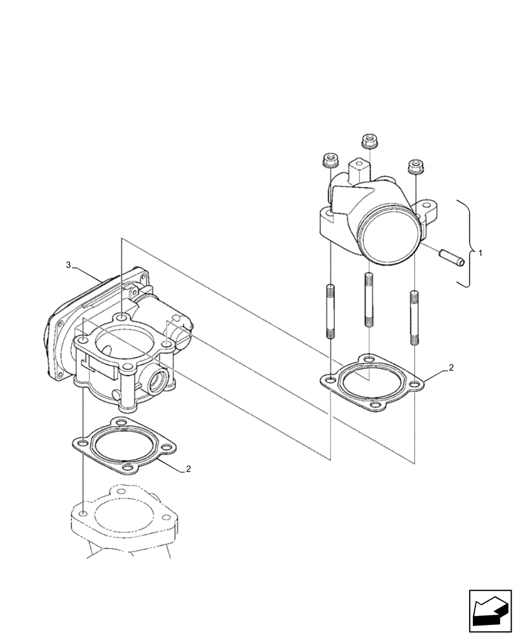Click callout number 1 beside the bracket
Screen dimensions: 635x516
[x=480, y=253]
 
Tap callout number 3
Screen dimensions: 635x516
[x=68, y=265]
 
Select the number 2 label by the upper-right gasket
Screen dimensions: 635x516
[x=451, y=368]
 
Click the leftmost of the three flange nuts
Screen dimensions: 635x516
[x=329, y=161]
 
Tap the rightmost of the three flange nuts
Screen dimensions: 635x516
[x=416, y=166]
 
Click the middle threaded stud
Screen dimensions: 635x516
[x=369, y=299]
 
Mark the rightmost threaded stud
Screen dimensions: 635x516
[x=414, y=317]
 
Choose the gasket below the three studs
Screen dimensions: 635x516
[x=371, y=382]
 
